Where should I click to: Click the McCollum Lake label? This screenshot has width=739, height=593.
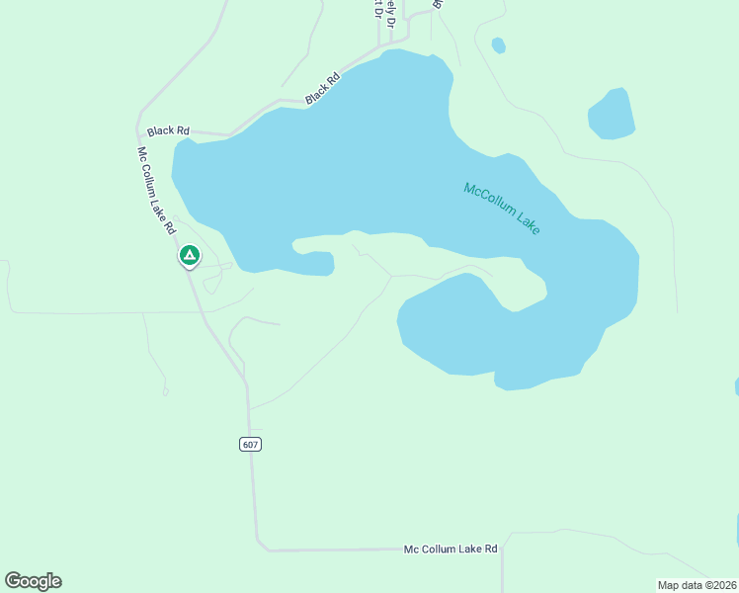point(502,208)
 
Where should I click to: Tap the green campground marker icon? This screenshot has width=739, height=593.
point(189,256)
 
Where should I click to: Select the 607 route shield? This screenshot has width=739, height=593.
point(250,444)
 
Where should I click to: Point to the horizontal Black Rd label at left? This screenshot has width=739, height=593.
point(168,130)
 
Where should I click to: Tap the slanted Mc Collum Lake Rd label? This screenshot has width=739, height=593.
point(156,190)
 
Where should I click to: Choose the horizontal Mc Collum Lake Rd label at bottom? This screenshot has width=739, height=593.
point(451,549)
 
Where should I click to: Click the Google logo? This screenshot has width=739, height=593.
point(33,581)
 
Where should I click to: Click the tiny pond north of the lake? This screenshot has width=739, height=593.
point(498,45)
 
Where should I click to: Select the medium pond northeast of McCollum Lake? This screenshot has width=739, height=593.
point(612,114)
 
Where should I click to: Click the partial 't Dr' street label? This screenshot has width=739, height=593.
point(376,9)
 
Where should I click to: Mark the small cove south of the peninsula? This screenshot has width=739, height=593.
point(314,264)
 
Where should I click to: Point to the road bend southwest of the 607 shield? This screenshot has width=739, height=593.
point(260,543)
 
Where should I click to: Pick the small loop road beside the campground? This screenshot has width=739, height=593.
point(212,285)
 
